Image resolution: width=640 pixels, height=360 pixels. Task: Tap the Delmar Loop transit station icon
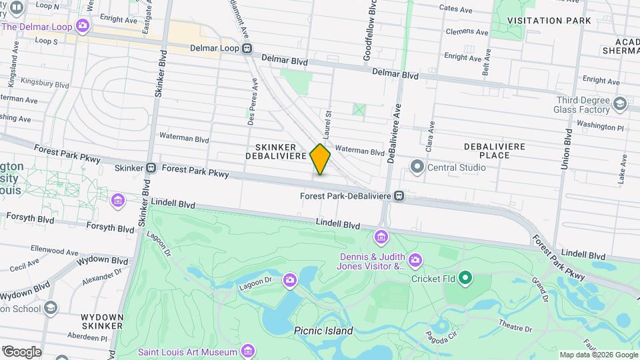point(247,48)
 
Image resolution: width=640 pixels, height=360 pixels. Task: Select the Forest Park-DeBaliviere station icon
point(399,196)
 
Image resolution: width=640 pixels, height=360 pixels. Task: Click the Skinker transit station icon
point(151,169)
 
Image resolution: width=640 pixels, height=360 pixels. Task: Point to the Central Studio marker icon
point(418,167)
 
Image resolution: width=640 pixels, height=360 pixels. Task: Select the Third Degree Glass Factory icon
point(620,103)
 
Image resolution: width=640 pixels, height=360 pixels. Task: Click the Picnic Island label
point(323,331)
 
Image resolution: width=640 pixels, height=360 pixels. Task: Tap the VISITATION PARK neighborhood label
point(549,21)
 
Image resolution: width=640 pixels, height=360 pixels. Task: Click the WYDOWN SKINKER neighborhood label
point(102,321)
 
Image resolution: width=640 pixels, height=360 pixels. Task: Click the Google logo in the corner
point(21,352)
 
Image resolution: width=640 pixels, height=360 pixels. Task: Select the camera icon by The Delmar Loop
point(83,27)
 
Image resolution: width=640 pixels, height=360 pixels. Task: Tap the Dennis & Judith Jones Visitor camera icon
point(415,259)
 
